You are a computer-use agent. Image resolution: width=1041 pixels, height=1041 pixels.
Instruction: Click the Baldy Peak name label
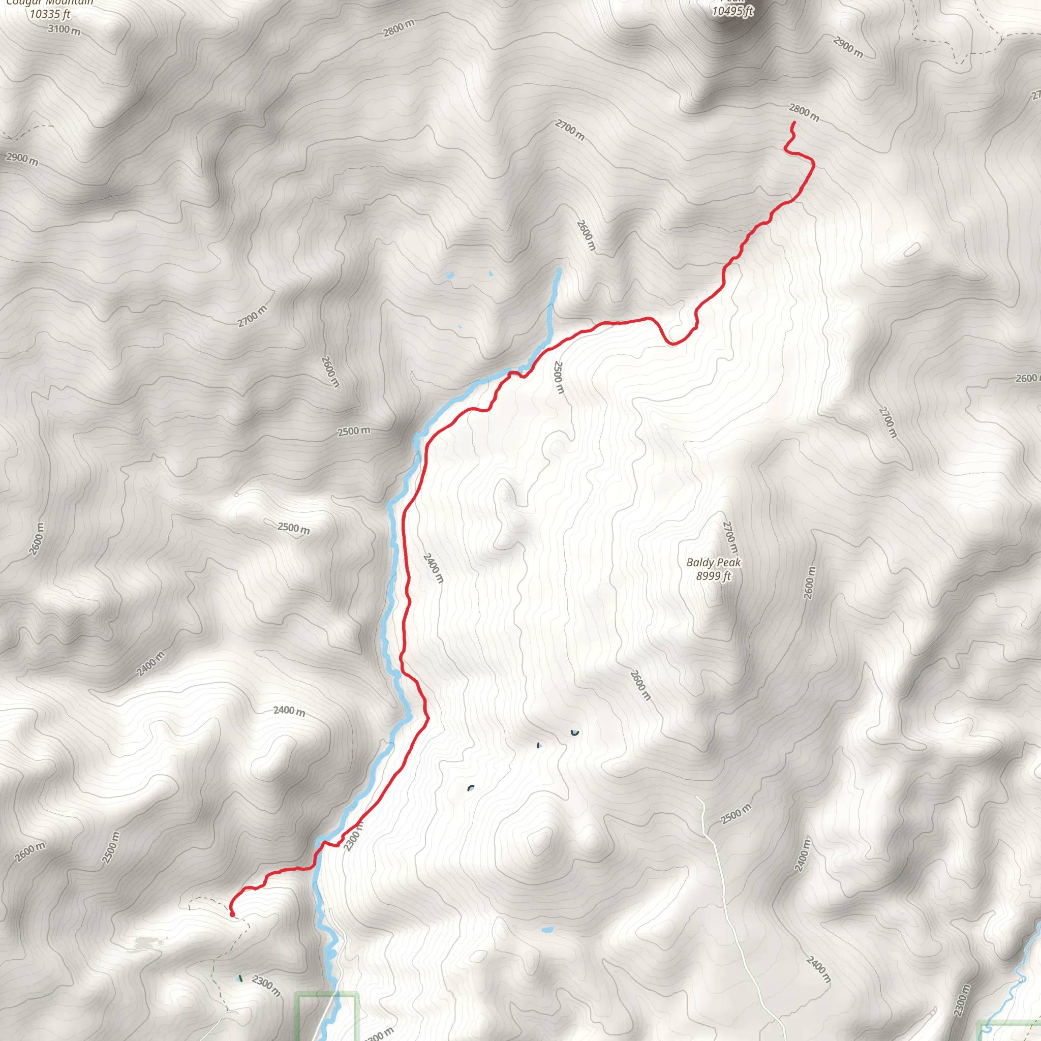pyautogui.click(x=713, y=563)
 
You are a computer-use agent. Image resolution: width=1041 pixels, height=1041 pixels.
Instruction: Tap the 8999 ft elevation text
pyautogui.click(x=713, y=576)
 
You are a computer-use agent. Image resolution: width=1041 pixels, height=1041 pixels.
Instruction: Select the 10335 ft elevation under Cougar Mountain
pyautogui.click(x=50, y=15)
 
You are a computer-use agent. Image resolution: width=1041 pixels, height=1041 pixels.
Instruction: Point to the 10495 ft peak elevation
pyautogui.click(x=732, y=11)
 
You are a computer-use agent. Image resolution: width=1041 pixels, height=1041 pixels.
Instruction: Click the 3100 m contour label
pyautogui.click(x=64, y=29)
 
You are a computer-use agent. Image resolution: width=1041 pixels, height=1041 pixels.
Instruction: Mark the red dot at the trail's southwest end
pyautogui.click(x=232, y=914)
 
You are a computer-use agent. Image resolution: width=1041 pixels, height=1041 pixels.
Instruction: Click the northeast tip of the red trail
pyautogui.click(x=793, y=124)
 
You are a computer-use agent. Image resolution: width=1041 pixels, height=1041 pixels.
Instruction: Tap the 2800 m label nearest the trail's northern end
pyautogui.click(x=804, y=113)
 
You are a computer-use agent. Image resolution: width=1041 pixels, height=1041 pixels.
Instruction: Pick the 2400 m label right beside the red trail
pyautogui.click(x=434, y=568)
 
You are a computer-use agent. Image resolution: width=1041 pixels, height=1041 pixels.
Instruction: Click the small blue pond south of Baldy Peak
pyautogui.click(x=547, y=930)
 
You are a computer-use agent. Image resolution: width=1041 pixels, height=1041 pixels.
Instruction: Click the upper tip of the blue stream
pyautogui.click(x=559, y=270)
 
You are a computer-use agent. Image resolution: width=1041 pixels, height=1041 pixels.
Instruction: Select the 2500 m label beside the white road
pyautogui.click(x=736, y=814)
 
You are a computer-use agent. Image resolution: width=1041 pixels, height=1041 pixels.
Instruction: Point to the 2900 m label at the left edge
pyautogui.click(x=22, y=159)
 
